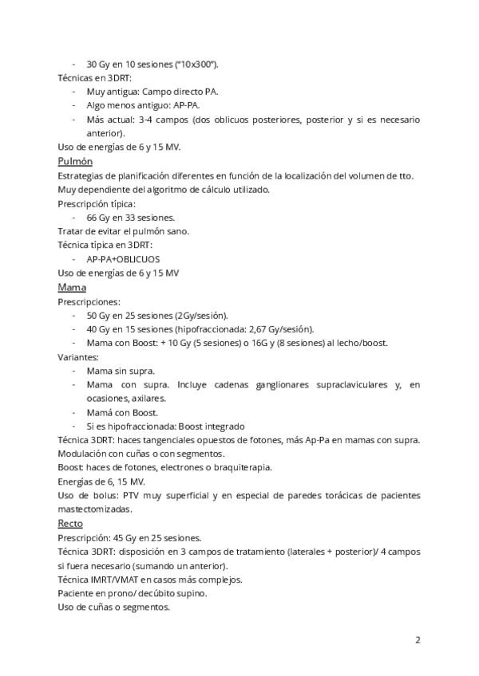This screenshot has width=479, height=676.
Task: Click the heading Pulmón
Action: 75,161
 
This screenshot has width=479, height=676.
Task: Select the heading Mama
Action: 72,287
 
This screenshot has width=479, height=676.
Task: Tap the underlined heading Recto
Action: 70,524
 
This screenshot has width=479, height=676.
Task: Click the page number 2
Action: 418,639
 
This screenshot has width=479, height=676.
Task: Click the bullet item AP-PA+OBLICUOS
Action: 123,259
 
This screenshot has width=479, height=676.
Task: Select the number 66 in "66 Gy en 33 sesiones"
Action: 92,217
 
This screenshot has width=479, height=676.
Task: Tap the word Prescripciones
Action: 89,302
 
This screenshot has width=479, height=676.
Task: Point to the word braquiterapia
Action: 239,467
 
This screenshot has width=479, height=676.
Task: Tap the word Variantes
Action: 77,357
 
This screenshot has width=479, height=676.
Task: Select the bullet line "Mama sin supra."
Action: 121,371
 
